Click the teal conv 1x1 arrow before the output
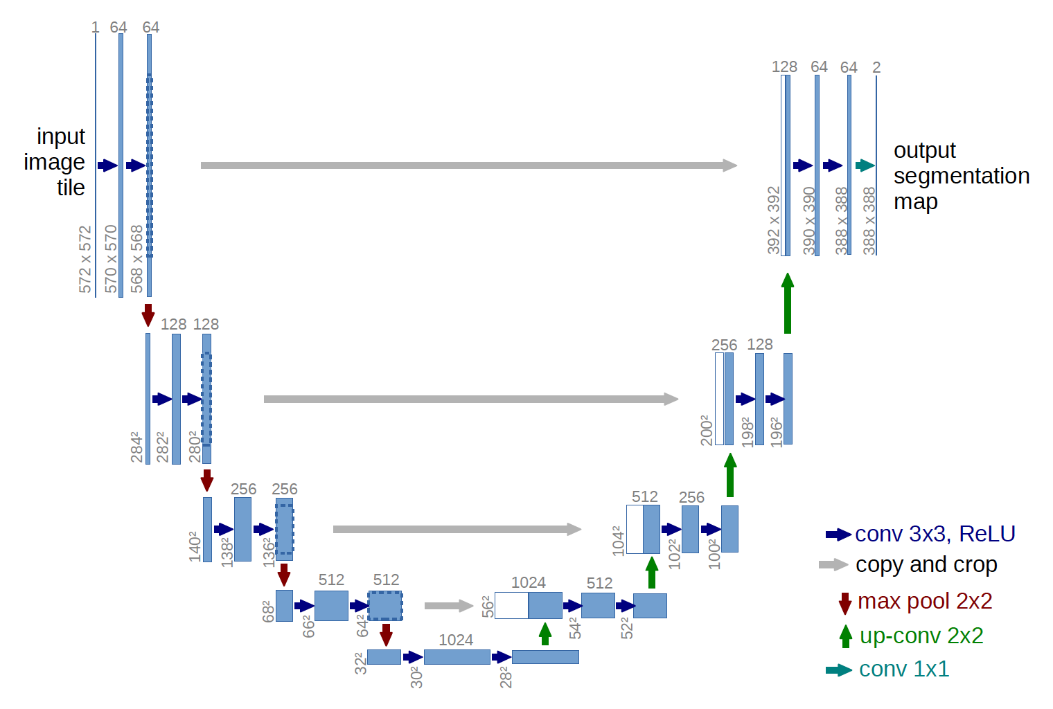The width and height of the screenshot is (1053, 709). [x=865, y=165]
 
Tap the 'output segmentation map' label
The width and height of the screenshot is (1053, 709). [x=961, y=176]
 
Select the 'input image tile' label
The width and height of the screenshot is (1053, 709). [x=55, y=162]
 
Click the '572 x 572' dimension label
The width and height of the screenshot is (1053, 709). [x=85, y=259]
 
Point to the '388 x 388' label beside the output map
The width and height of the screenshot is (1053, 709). [x=869, y=220]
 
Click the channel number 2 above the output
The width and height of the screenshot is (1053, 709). [x=876, y=67]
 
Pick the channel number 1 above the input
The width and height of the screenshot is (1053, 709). [x=95, y=28]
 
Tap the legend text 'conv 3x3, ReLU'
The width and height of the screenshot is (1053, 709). [x=935, y=534]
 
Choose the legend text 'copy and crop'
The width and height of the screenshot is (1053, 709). [x=926, y=565]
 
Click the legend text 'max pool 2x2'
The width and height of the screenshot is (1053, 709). [x=924, y=601]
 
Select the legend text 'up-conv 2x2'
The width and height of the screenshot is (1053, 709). [x=921, y=636]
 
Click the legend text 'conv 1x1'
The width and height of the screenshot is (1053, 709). [x=903, y=669]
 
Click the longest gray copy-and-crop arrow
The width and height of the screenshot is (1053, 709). [x=468, y=165]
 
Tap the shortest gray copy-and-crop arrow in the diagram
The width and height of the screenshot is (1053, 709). [x=448, y=606]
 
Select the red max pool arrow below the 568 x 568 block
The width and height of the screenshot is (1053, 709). [x=148, y=314]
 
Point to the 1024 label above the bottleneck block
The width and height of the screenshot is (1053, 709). [x=456, y=640]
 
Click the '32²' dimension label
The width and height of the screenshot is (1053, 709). [x=360, y=663]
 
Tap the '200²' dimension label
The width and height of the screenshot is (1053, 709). [x=706, y=430]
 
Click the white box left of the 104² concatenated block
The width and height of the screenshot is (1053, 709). [x=635, y=530]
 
